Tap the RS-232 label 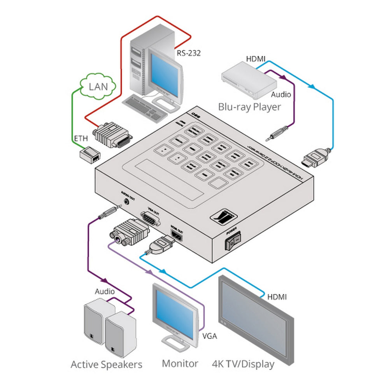(189, 53)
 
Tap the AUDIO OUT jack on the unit (127, 202)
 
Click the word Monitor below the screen (180, 364)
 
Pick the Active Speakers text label (106, 364)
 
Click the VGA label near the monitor (210, 335)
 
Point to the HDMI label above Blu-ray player (256, 59)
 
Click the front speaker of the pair (121, 334)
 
